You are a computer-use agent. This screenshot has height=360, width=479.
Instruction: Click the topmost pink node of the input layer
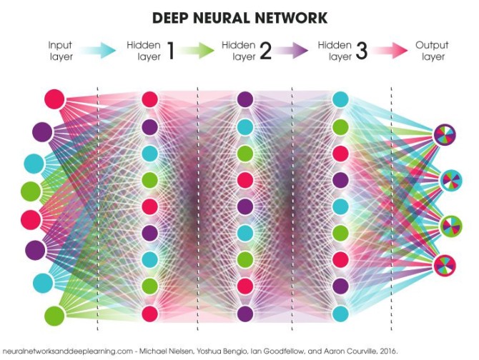(54, 99)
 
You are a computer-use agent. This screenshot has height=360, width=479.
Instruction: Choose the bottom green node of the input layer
(54, 315)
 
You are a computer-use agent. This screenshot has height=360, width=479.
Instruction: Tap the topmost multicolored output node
(444, 134)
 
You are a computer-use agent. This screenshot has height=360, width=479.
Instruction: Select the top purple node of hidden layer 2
(245, 99)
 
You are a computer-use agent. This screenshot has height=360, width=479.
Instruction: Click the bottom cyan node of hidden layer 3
(340, 313)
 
